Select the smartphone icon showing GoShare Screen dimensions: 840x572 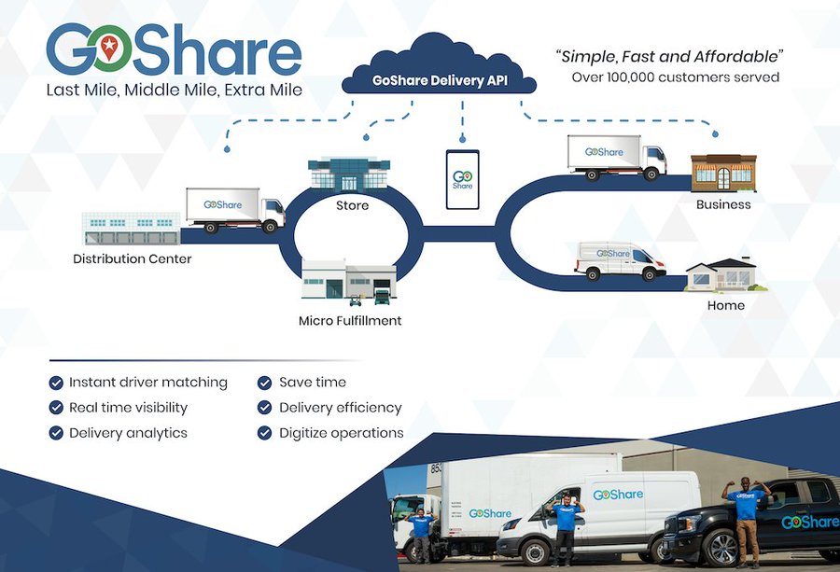coord(462,178)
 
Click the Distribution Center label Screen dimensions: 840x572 coord(132,258)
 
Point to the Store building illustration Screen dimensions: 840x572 coord(349,174)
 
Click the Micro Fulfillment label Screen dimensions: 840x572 coord(350,320)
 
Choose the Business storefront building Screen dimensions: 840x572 coord(723,174)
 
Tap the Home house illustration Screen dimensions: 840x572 coord(721,274)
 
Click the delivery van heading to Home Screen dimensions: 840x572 coord(619,259)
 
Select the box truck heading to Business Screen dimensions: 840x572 coord(617,157)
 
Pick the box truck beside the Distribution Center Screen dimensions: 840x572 coord(234,209)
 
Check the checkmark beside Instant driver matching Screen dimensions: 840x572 coord(56,383)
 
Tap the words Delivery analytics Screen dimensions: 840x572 coord(128,433)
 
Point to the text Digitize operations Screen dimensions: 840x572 coord(341,433)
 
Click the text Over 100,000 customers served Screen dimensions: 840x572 coord(675,77)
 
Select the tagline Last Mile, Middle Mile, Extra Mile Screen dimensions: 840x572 coord(175,91)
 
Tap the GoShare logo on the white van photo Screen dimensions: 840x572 coord(618,495)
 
